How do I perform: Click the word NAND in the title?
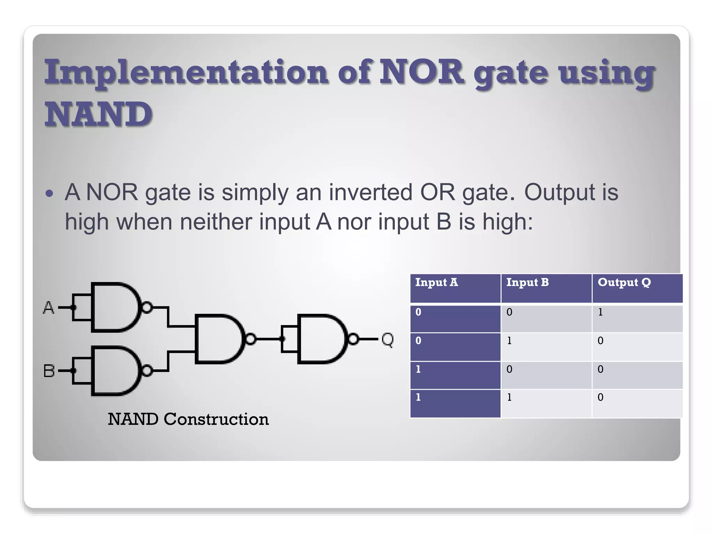coord(99,114)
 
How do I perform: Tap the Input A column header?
coord(455,288)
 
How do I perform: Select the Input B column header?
coord(546,288)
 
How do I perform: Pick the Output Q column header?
coord(637,288)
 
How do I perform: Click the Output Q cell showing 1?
coord(637,318)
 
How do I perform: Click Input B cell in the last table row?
coord(546,403)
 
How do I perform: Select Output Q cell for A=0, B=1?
coord(637,347)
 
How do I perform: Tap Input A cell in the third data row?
coord(455,375)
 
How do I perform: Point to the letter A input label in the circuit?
coord(49,308)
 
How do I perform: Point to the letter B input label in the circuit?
coord(49,371)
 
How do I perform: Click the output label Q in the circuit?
coord(387,339)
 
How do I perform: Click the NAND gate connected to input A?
coord(115,307)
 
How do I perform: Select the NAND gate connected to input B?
coord(115,371)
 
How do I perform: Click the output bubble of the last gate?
coord(353,339)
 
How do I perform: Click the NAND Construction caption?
coord(188,419)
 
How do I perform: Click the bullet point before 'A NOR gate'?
coord(49,193)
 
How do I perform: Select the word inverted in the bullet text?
coord(370,192)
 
